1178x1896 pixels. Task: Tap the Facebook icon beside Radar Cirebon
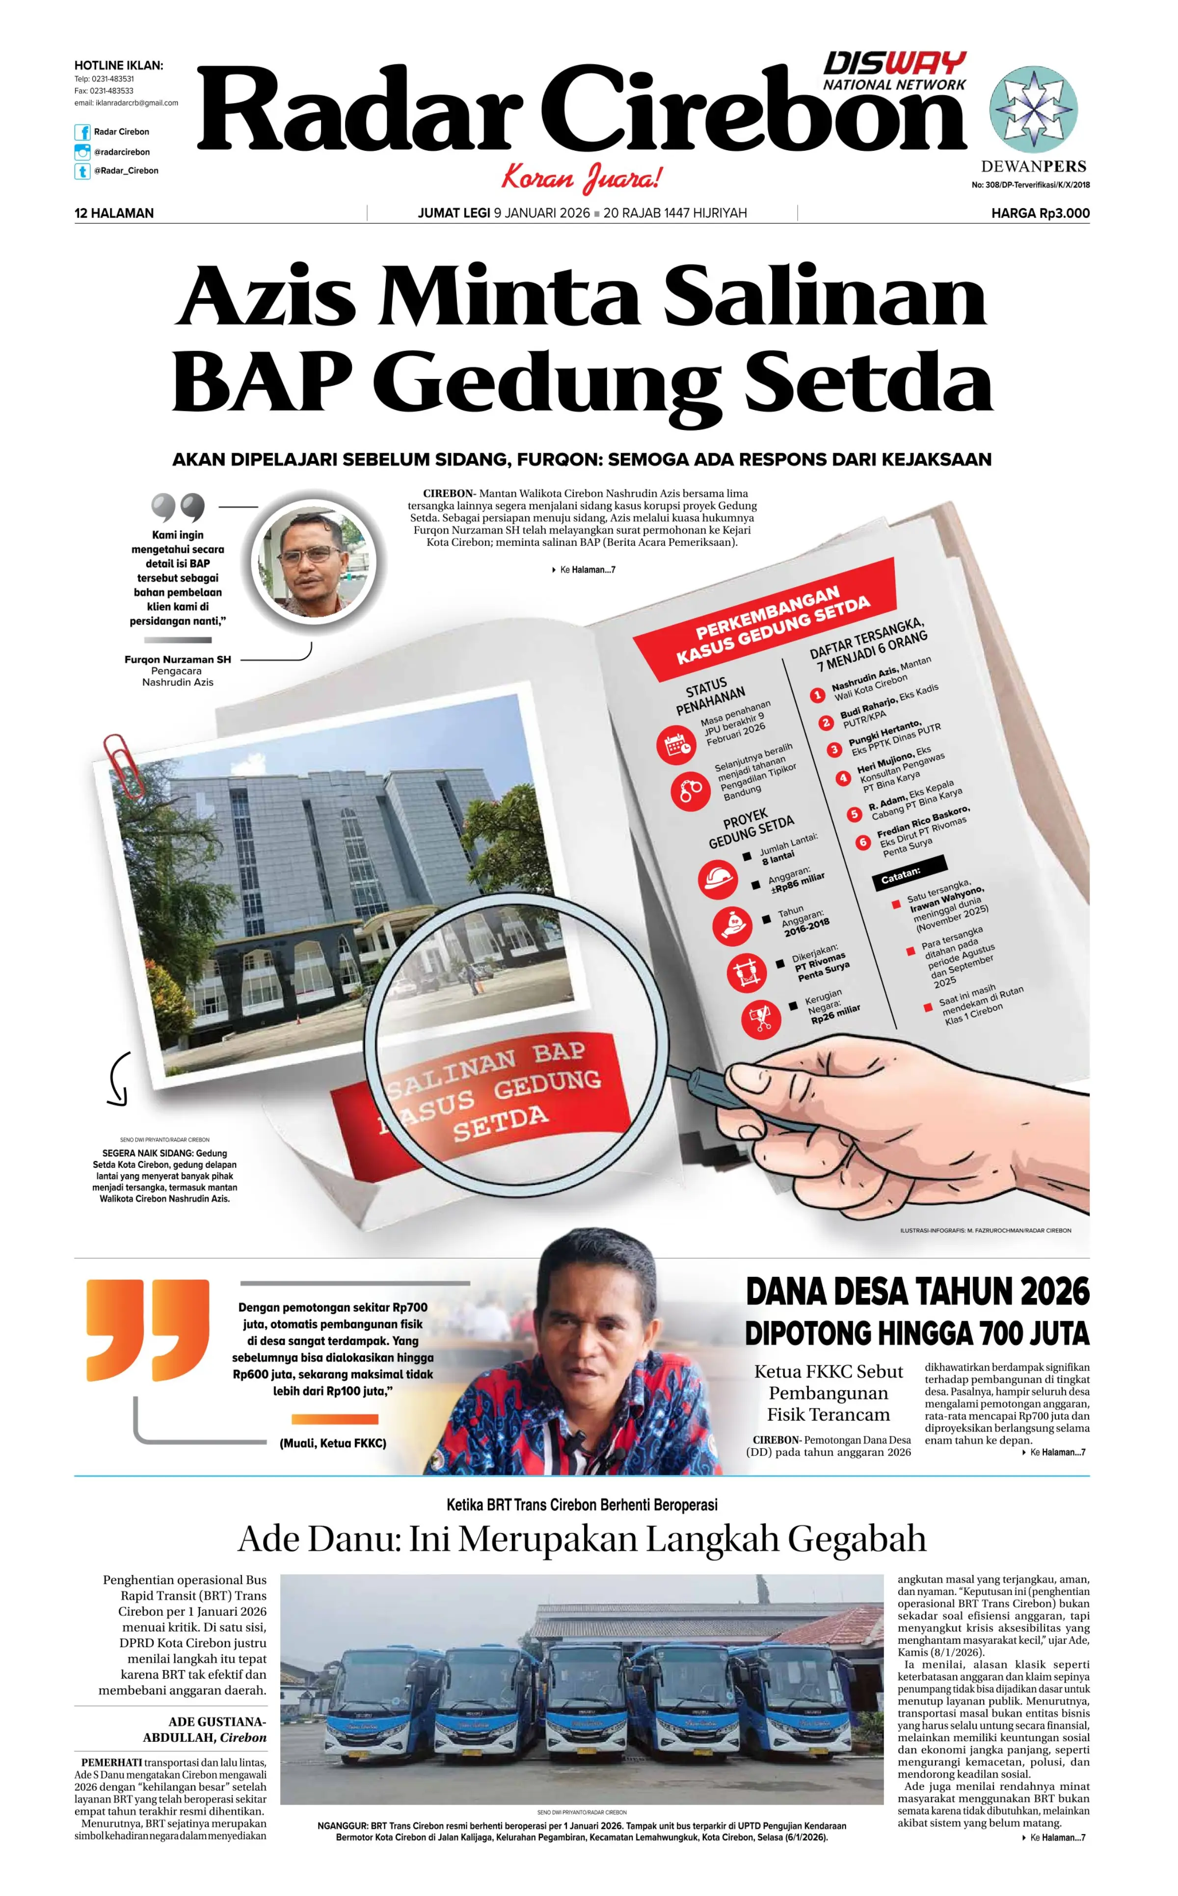pyautogui.click(x=82, y=133)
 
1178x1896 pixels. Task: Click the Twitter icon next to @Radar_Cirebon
pyautogui.click(x=82, y=171)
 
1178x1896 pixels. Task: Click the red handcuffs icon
pyautogui.click(x=690, y=790)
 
